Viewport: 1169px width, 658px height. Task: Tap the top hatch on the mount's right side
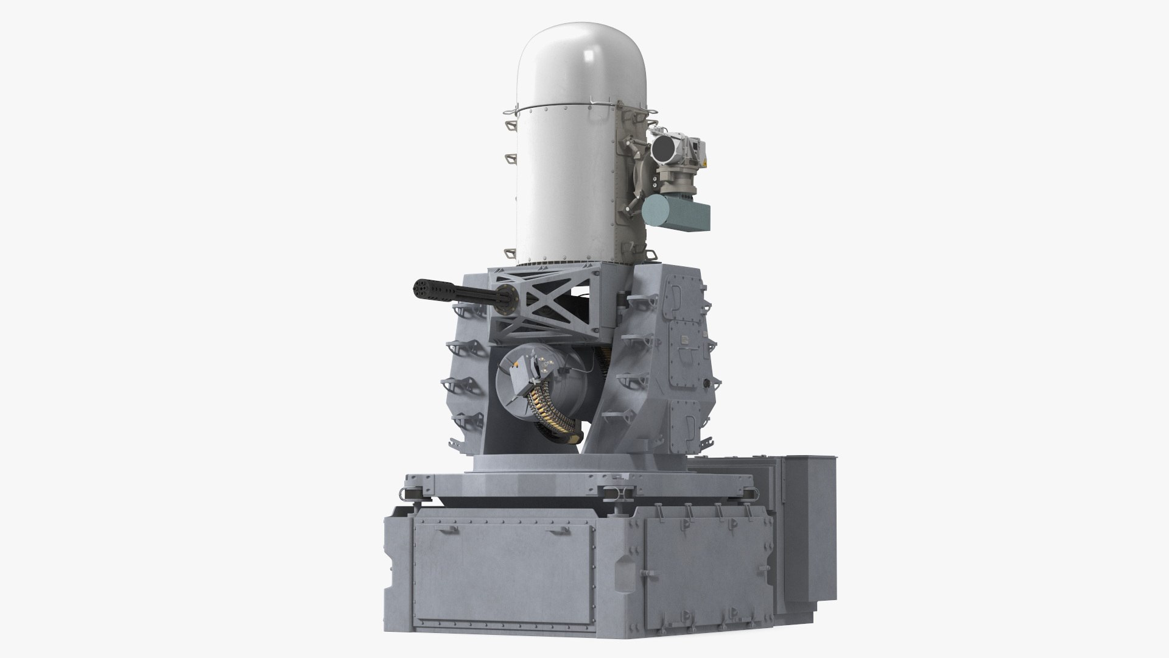click(681, 295)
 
